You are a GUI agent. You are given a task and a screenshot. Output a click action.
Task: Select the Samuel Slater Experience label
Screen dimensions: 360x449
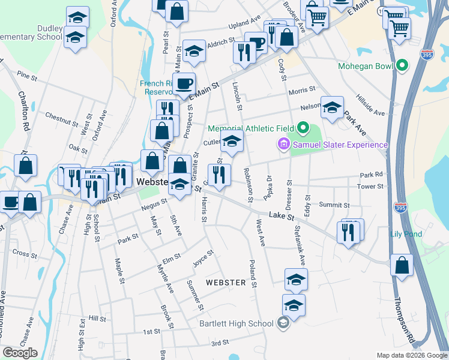[x=339, y=145]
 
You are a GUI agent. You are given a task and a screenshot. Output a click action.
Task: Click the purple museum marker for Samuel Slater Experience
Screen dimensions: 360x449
[x=283, y=145]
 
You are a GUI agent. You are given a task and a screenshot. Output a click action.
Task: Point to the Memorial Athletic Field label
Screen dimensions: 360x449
[x=251, y=128]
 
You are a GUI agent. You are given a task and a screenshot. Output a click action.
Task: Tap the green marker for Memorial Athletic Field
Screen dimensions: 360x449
[x=303, y=128]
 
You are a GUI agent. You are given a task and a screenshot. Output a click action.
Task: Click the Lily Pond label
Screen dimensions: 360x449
[x=406, y=234]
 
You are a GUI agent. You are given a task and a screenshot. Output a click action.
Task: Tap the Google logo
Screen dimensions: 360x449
[x=19, y=353]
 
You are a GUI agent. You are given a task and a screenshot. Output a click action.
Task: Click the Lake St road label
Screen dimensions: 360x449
[x=280, y=215]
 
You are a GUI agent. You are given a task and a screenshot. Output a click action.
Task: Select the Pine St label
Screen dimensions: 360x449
[x=28, y=76]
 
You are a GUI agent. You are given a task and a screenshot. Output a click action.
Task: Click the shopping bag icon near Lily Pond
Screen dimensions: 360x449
[x=402, y=266]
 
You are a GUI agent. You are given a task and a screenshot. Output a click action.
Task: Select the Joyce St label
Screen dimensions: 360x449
[x=203, y=259]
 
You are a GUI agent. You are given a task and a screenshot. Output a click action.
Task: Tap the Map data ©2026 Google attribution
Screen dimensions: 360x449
[x=411, y=355]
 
